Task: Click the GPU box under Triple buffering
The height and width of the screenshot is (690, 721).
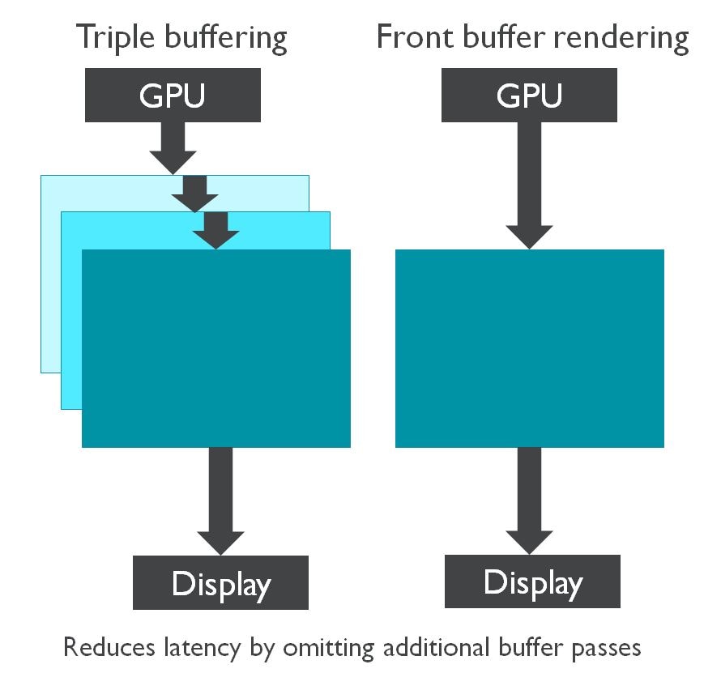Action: [173, 95]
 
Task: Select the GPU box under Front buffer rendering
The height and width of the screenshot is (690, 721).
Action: [530, 95]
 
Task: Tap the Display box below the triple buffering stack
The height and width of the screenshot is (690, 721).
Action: [220, 582]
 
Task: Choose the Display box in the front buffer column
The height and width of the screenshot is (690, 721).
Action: [532, 581]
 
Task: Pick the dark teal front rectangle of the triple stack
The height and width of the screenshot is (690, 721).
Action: [216, 348]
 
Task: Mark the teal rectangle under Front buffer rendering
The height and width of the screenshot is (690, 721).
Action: [530, 348]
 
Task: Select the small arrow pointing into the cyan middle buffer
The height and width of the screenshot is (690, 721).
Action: [195, 194]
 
